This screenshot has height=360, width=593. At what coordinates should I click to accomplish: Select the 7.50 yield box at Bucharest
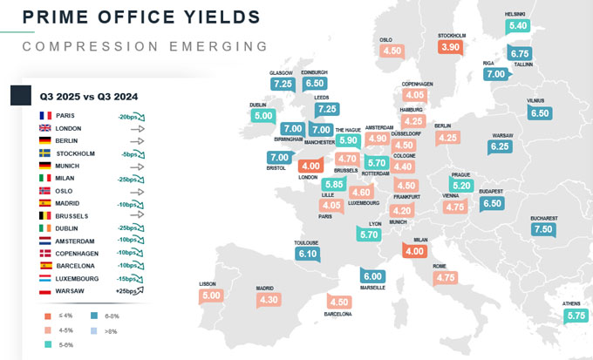coord(543,229)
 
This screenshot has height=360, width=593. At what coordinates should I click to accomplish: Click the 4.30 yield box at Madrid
coord(269,299)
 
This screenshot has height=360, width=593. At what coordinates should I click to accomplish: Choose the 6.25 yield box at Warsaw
coord(500,146)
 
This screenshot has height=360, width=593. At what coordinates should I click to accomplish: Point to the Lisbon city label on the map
coord(208,283)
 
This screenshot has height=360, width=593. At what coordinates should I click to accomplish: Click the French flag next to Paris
coord(45,115)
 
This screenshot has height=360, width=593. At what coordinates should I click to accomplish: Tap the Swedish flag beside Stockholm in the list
coord(45,153)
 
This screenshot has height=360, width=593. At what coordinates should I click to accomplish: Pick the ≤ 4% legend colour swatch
coord(48,316)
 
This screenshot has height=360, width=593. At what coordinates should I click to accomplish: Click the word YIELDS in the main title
coord(217,17)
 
